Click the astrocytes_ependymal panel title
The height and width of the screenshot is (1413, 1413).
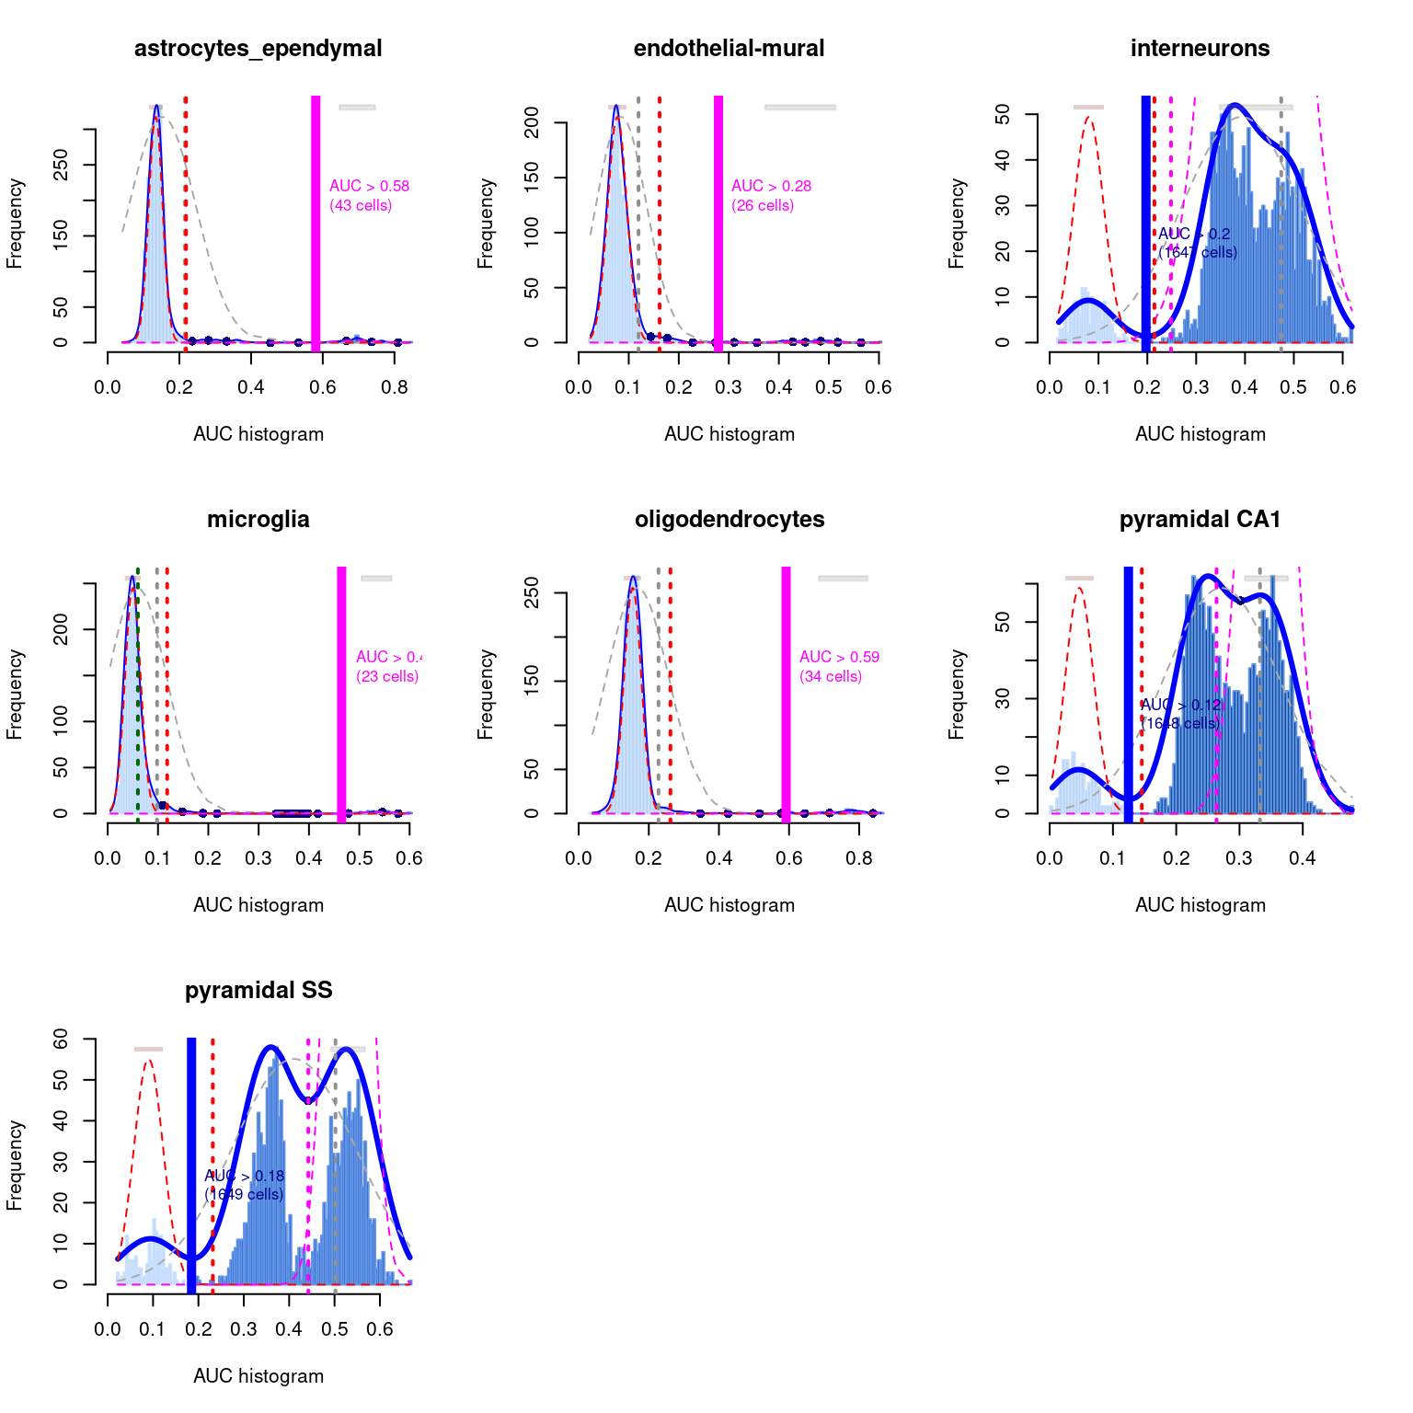[x=258, y=49]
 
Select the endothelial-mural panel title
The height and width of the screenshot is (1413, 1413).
[x=729, y=49]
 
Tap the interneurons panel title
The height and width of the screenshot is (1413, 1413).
[x=1200, y=49]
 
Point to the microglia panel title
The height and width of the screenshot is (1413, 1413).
[x=258, y=520]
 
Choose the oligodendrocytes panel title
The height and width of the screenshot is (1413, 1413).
[x=729, y=520]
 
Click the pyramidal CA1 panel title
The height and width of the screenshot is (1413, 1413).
[x=1200, y=520]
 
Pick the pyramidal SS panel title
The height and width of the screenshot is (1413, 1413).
[x=258, y=991]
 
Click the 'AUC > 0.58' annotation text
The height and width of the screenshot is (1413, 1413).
[x=369, y=186]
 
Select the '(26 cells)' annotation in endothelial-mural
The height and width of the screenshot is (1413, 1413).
[x=763, y=205]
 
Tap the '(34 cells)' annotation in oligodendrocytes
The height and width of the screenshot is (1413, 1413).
[x=831, y=676]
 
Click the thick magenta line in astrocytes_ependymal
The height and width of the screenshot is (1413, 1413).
[x=316, y=221]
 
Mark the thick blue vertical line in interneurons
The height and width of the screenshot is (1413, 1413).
[x=1146, y=221]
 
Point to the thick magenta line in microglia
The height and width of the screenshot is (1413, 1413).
[x=341, y=690]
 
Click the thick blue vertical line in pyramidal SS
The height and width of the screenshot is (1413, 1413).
[x=191, y=1164]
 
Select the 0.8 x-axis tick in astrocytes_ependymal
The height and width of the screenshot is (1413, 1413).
[x=395, y=387]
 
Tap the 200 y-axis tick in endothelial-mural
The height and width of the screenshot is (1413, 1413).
[x=532, y=122]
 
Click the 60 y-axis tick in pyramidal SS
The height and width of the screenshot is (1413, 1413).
[x=61, y=1039]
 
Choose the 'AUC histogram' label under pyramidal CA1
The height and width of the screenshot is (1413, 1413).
[x=1200, y=905]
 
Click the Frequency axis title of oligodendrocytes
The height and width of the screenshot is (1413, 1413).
[x=486, y=695]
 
